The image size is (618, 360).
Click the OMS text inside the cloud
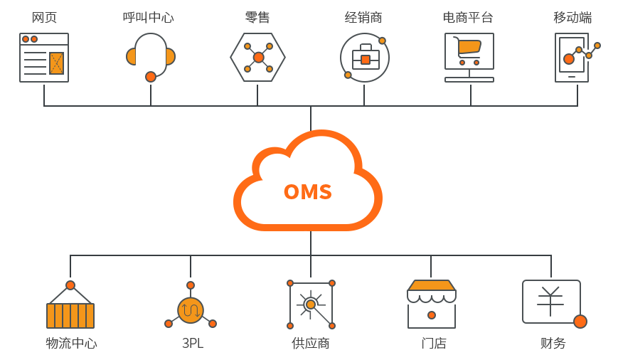(308, 192)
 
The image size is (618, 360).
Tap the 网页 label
(44, 18)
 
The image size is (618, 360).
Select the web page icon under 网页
(44, 58)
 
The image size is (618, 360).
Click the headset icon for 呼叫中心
(151, 56)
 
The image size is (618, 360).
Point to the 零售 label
(257, 18)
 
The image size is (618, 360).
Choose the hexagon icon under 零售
(257, 57)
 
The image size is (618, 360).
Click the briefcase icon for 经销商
(365, 58)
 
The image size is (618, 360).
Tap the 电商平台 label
(468, 18)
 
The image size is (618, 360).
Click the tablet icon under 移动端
(572, 58)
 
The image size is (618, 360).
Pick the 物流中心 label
(71, 343)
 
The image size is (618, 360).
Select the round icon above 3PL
(191, 309)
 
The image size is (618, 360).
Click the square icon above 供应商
(311, 305)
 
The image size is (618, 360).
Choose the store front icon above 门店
(431, 305)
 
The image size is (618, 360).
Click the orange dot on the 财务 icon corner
(580, 322)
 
